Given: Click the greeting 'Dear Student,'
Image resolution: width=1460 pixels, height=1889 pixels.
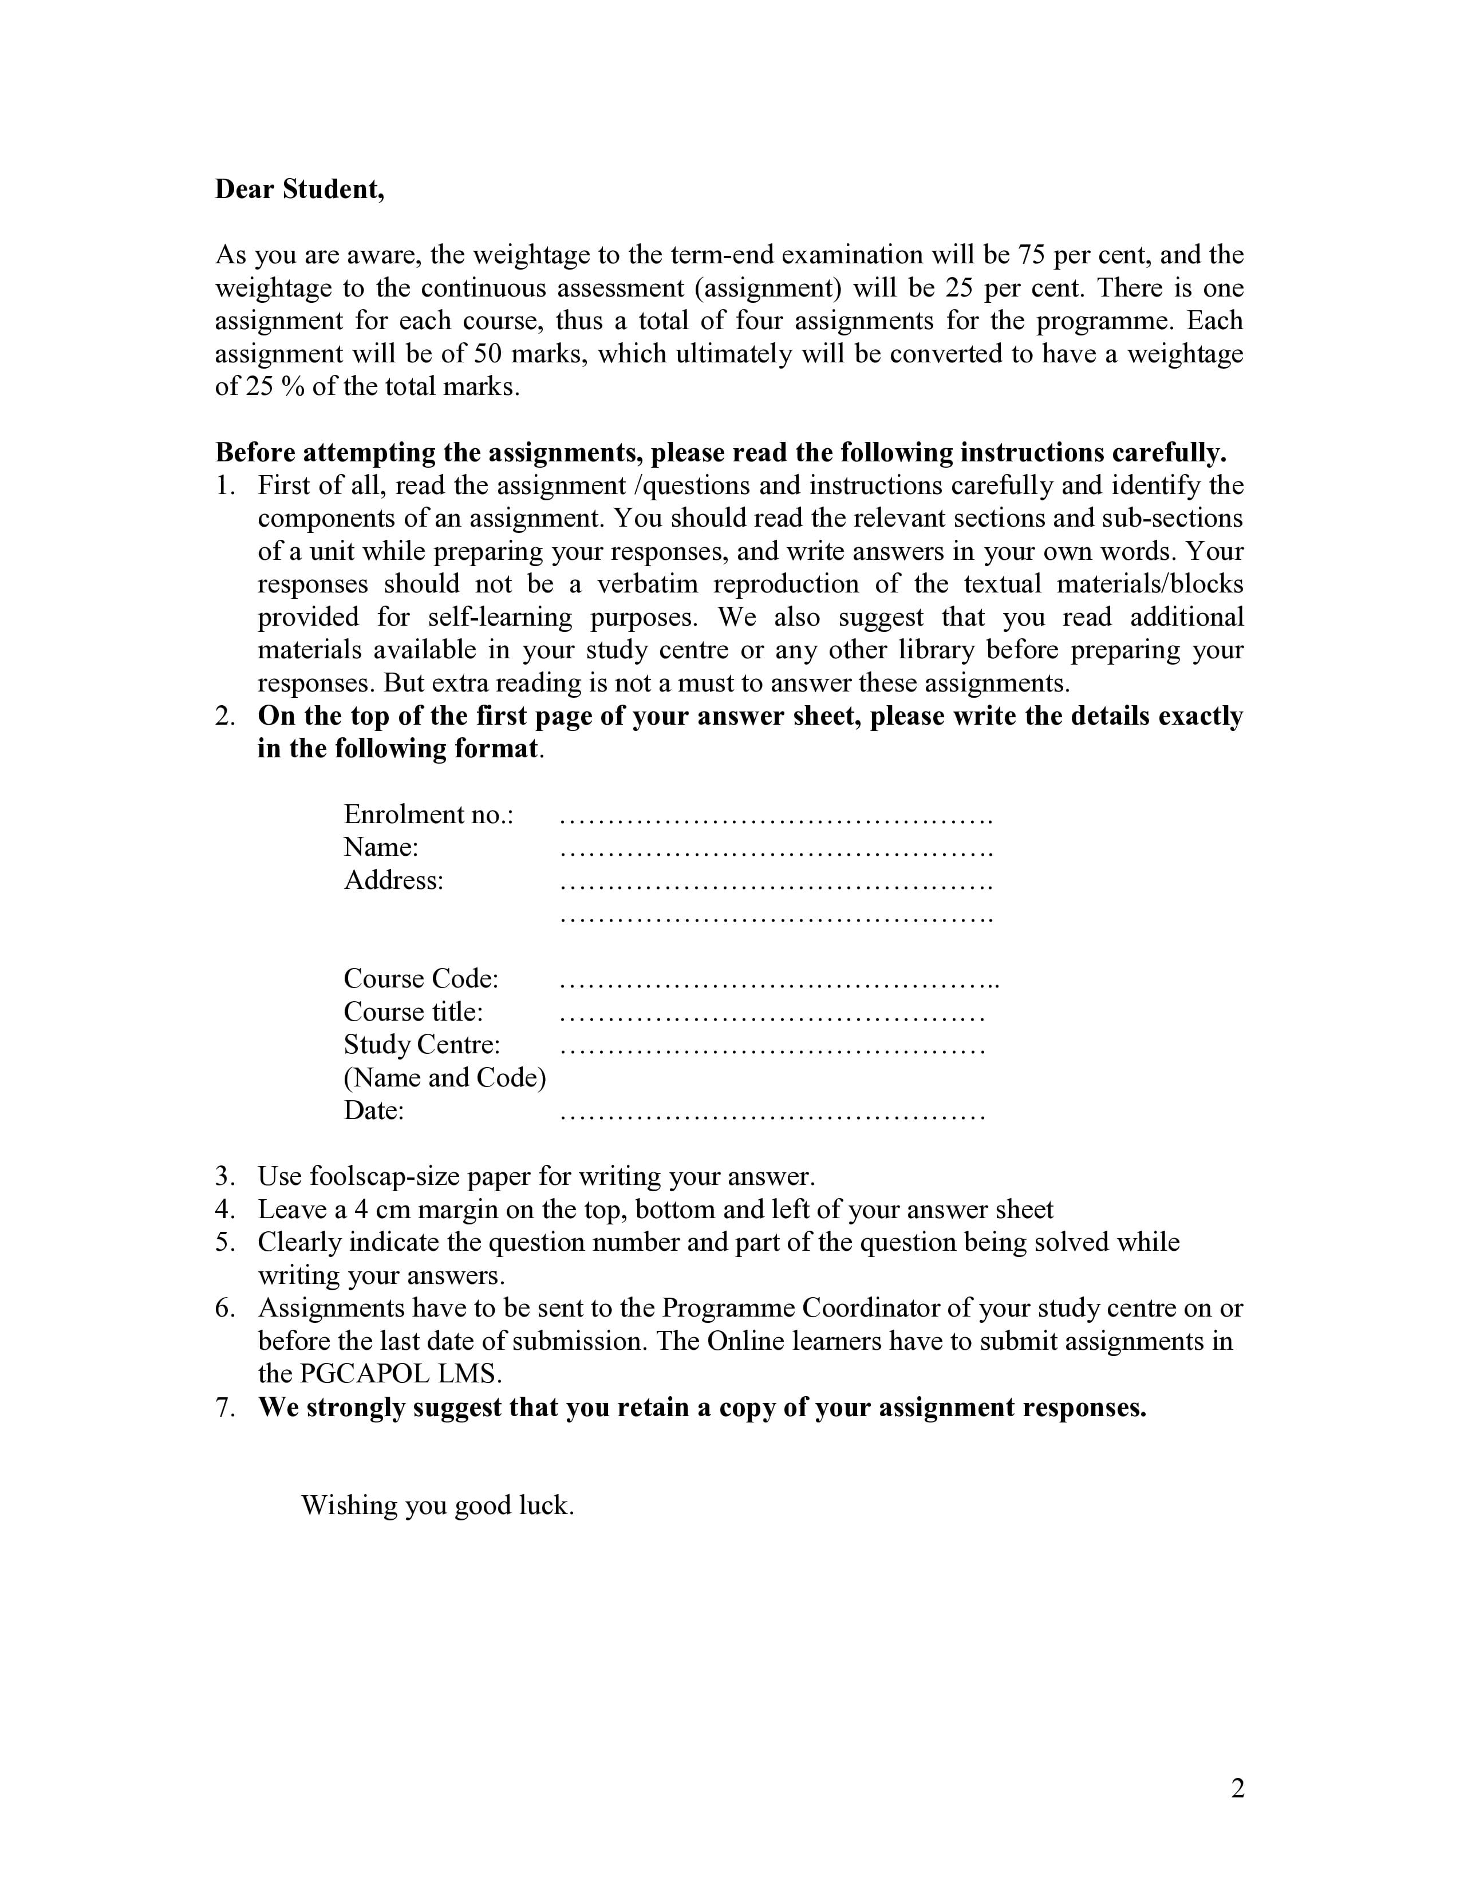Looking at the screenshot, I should [x=299, y=189].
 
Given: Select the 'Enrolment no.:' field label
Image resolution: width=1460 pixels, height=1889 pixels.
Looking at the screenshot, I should [x=429, y=815].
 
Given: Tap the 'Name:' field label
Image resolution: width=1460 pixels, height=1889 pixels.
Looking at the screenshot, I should [x=381, y=848].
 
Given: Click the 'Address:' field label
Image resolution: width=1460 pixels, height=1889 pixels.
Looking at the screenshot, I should [x=393, y=880].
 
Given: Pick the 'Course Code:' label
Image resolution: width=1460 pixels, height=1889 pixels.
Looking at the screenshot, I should [x=421, y=979].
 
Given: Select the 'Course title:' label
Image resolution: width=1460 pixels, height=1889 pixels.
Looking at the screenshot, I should [x=413, y=1012].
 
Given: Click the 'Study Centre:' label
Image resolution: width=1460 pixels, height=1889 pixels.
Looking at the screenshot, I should [x=422, y=1045].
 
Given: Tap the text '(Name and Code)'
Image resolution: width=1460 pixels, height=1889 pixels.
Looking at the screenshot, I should [x=444, y=1078].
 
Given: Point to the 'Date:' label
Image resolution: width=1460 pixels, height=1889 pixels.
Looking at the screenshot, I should [x=374, y=1111].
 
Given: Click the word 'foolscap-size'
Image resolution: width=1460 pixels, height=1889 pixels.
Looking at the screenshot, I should [x=384, y=1176].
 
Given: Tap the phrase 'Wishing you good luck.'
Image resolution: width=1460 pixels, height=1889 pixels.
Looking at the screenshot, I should [x=437, y=1506].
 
